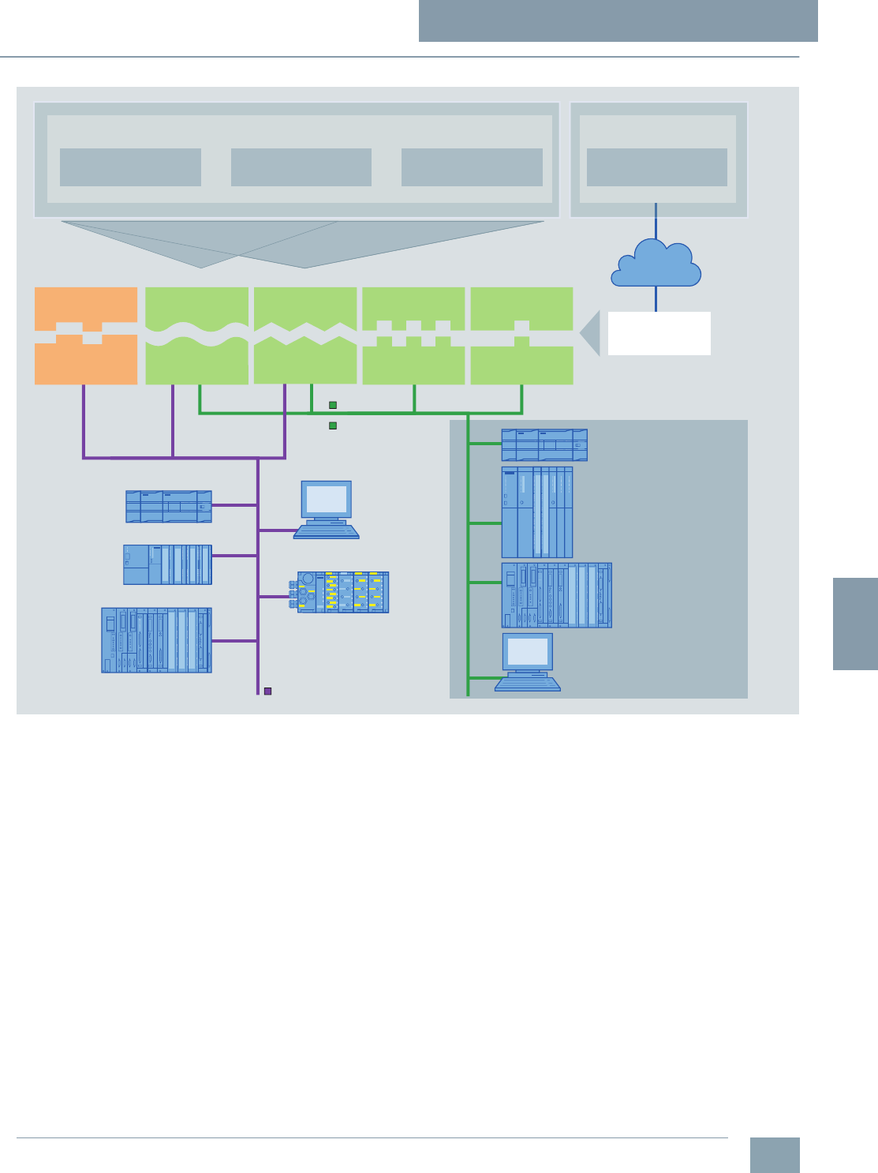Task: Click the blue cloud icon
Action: click(x=656, y=264)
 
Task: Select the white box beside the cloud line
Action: click(x=659, y=333)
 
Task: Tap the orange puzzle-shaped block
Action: click(x=86, y=335)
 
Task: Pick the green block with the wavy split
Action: click(x=196, y=335)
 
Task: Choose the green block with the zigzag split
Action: click(x=305, y=335)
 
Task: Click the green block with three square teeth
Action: click(x=413, y=335)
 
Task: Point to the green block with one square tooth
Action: click(x=521, y=335)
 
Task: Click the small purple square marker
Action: click(x=267, y=691)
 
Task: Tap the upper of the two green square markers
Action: click(x=333, y=405)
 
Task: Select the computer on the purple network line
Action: click(x=327, y=510)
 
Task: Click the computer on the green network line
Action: click(x=528, y=662)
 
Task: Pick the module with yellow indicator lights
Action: click(x=343, y=592)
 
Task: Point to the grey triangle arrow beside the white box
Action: click(x=591, y=333)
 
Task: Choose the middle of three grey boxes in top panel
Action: click(x=301, y=167)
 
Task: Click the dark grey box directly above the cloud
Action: click(x=657, y=167)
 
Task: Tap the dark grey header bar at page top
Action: click(x=618, y=21)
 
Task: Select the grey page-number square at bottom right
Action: click(x=774, y=1155)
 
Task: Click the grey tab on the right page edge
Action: click(x=855, y=624)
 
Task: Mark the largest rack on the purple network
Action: click(x=156, y=640)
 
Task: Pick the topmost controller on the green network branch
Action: click(x=544, y=444)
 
